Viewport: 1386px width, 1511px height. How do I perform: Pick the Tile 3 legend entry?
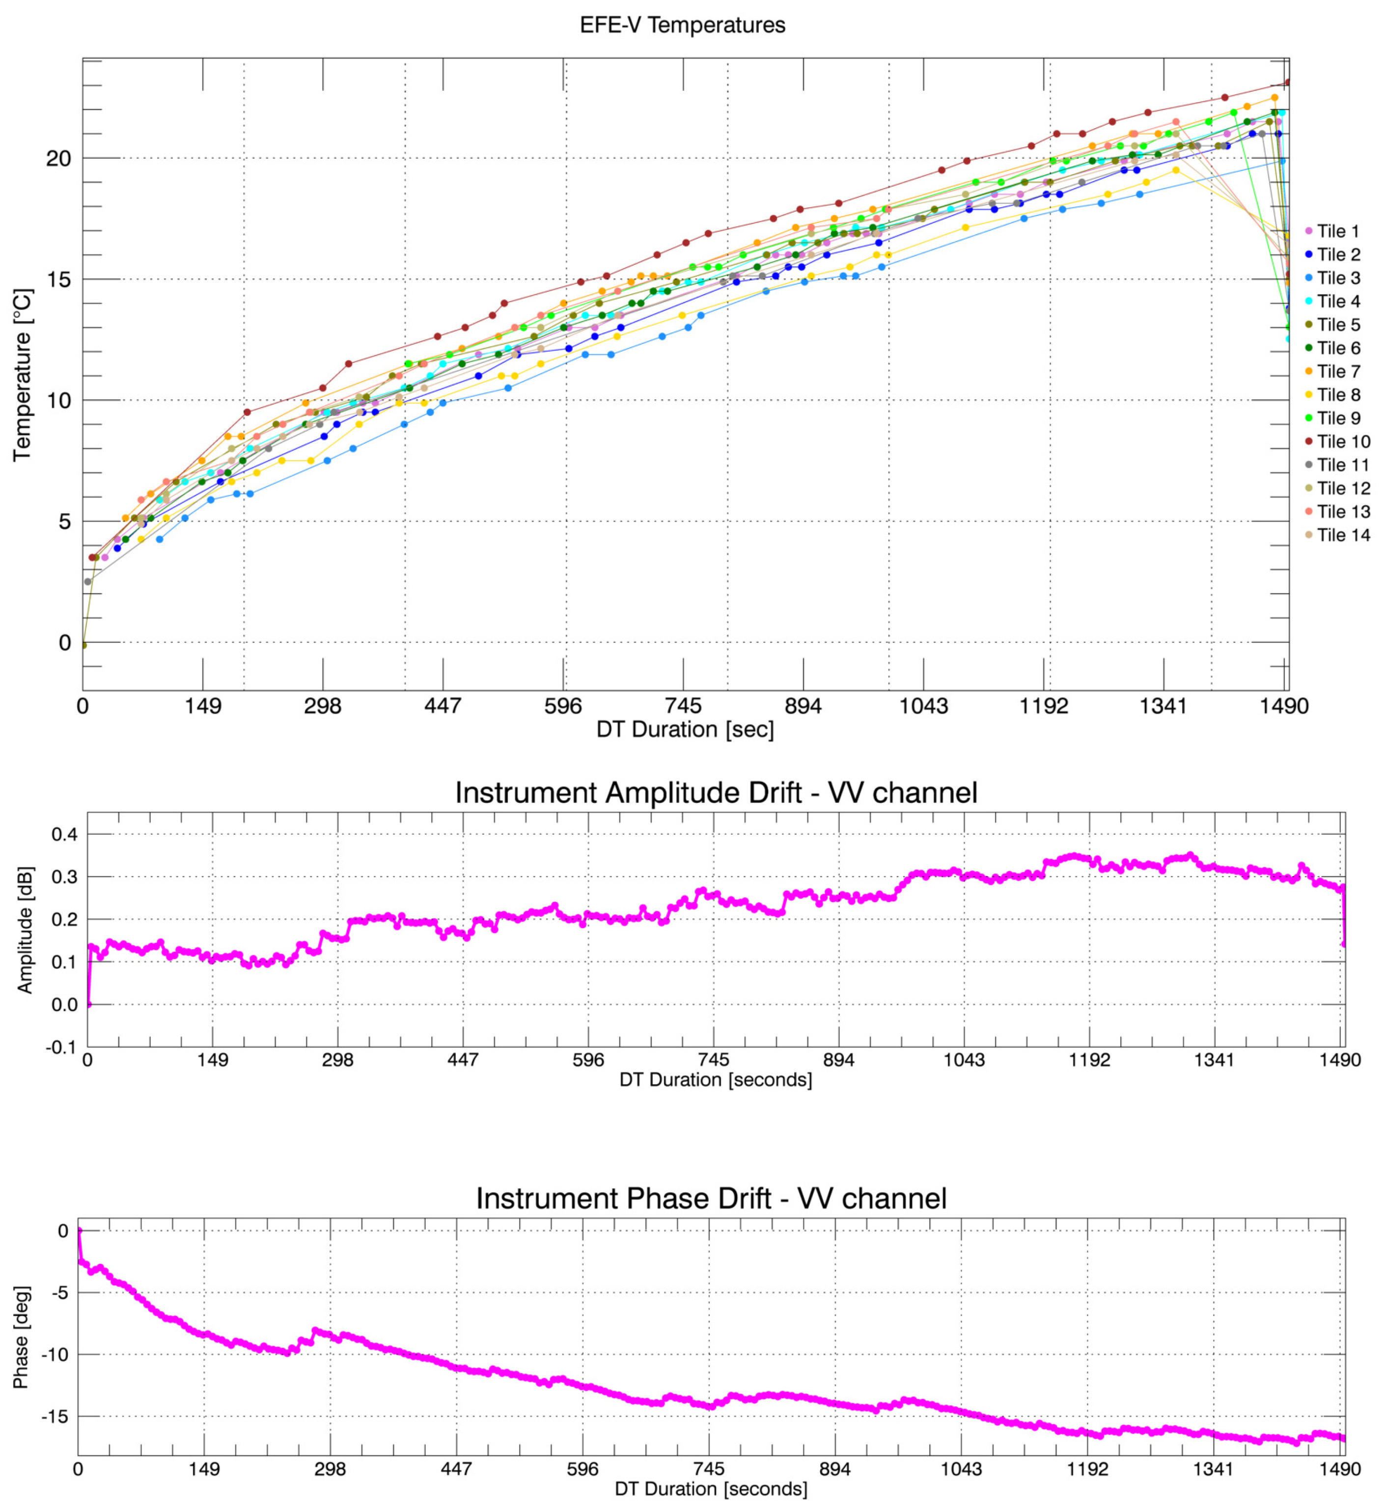click(1339, 278)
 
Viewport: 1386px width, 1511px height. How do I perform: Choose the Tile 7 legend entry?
click(1339, 372)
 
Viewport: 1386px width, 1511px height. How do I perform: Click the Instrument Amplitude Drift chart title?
click(716, 793)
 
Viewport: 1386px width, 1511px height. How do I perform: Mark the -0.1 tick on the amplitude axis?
click(63, 1047)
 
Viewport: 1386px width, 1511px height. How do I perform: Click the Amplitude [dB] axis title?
click(25, 930)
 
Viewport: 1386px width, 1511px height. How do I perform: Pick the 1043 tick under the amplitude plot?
click(964, 1060)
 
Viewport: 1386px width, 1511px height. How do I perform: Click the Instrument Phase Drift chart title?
click(711, 1198)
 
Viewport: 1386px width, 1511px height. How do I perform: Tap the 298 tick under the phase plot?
click(330, 1469)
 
